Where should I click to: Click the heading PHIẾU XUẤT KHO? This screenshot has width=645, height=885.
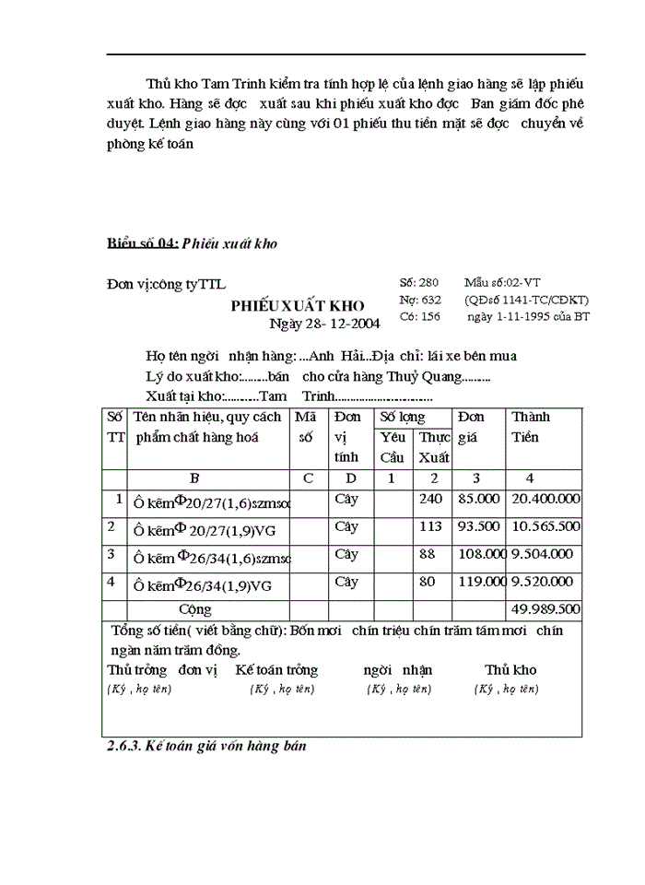click(297, 306)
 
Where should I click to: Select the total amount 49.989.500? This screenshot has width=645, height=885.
click(545, 609)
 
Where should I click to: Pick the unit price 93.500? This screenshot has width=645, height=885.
click(478, 526)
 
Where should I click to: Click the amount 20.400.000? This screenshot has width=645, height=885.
click(545, 499)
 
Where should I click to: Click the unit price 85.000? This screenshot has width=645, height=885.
click(478, 499)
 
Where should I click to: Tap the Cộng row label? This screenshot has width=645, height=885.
click(194, 609)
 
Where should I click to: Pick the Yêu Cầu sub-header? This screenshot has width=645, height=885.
click(393, 447)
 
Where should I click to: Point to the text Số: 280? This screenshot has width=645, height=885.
click(420, 283)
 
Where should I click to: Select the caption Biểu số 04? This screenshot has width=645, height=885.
click(142, 243)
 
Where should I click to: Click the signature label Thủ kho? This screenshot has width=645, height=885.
click(510, 670)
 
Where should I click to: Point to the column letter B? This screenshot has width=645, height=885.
click(194, 478)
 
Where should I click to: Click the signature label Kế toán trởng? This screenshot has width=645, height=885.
click(276, 670)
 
